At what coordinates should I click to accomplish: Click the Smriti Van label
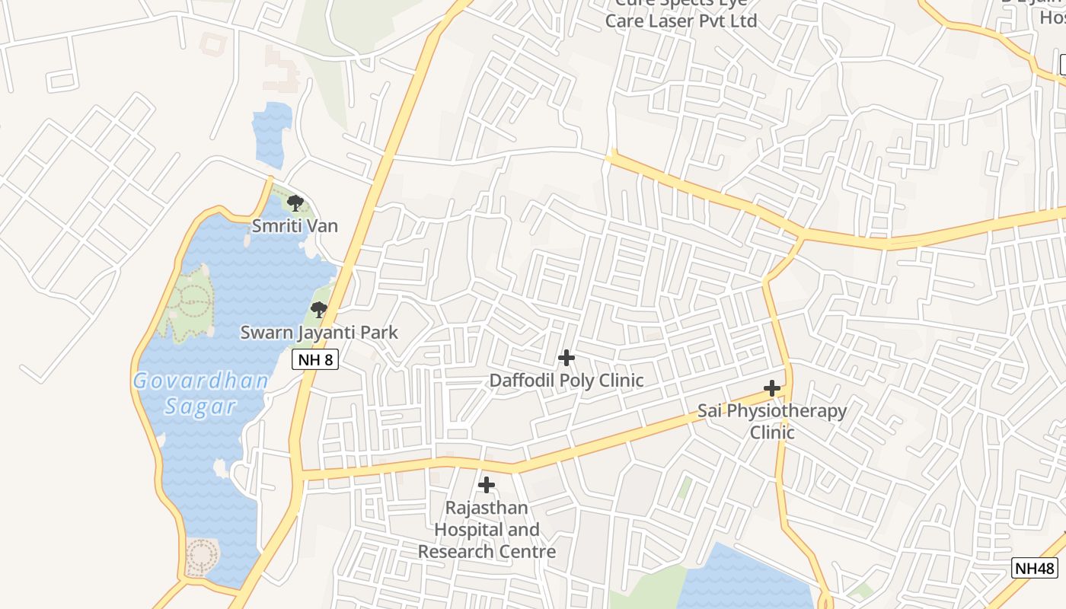(x=295, y=226)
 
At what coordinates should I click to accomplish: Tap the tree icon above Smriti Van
(x=295, y=203)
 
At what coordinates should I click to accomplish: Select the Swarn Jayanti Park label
(x=319, y=333)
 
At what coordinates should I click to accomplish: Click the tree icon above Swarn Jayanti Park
(x=318, y=310)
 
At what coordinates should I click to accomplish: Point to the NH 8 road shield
(x=315, y=359)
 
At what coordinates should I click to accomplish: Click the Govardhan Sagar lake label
(x=201, y=393)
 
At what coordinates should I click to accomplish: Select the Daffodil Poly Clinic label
(x=567, y=380)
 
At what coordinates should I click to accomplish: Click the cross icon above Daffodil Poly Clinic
(x=567, y=358)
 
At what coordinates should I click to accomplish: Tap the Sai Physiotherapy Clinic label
(x=772, y=421)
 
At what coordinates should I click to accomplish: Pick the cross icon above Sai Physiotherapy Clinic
(x=772, y=388)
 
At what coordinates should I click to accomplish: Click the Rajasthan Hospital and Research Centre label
(x=487, y=529)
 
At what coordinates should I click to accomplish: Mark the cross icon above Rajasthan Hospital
(x=487, y=484)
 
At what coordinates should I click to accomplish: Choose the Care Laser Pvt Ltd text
(x=681, y=21)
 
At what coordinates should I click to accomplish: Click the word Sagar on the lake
(x=201, y=407)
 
